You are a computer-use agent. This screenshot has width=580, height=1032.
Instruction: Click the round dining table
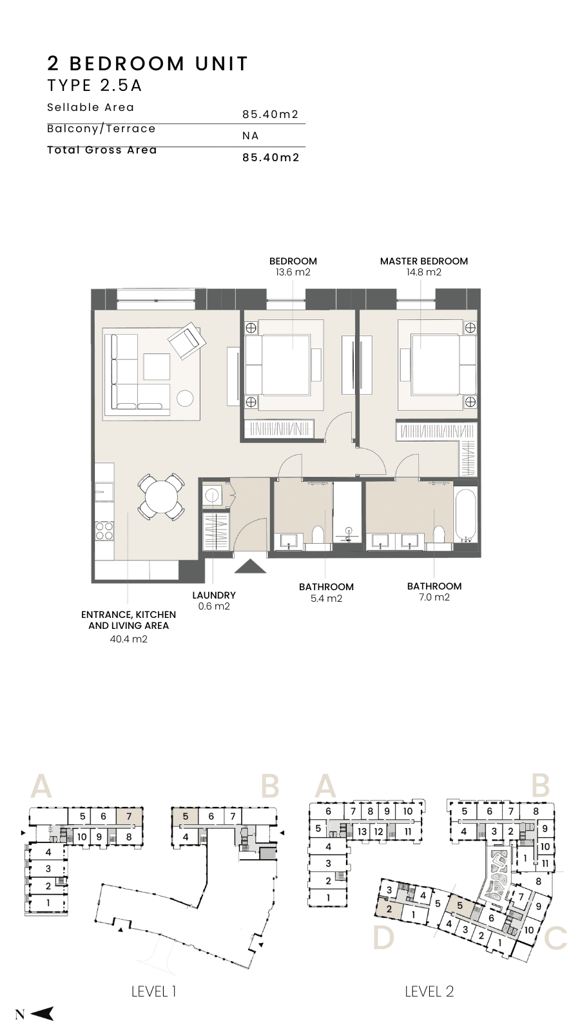[161, 497]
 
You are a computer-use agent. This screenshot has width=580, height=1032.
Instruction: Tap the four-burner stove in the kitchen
[104, 530]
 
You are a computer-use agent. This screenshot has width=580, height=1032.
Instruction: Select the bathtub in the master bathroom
[465, 515]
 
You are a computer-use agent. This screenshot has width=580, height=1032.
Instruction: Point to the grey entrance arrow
[250, 566]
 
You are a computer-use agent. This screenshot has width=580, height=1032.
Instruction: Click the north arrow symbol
[42, 1013]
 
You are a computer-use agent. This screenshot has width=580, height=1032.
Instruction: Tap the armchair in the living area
[187, 341]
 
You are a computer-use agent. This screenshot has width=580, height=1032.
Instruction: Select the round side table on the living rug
[186, 398]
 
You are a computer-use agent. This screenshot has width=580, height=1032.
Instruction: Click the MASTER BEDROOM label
[424, 261]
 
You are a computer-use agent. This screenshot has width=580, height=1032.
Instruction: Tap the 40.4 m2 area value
[128, 639]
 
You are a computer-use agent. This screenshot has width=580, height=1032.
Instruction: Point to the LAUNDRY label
[214, 595]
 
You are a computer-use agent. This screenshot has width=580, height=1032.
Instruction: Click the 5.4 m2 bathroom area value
[326, 599]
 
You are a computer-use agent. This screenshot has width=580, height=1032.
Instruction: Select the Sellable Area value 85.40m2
[271, 114]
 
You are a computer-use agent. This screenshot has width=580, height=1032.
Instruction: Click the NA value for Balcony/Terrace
[251, 136]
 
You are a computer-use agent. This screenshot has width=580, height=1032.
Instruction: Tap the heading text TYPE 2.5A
[95, 86]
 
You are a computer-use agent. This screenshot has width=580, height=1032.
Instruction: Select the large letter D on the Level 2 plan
[383, 938]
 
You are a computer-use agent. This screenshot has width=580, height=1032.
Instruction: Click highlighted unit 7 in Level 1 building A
[129, 817]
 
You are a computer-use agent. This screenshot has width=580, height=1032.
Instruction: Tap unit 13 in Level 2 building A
[362, 831]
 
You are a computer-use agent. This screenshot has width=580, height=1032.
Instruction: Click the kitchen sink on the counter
[104, 492]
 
